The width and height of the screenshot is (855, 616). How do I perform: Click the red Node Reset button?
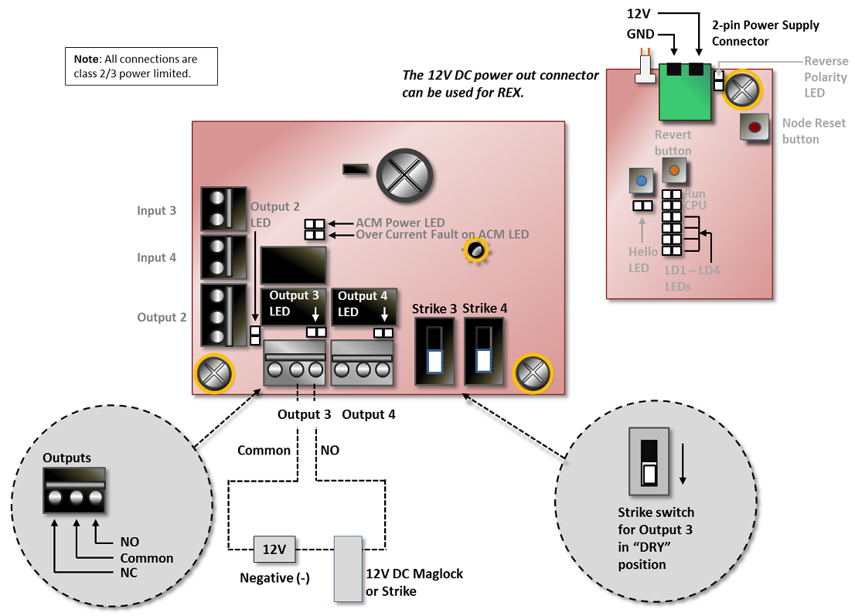(x=754, y=127)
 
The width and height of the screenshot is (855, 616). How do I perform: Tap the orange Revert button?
(x=674, y=168)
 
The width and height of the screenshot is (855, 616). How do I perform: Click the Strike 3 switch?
(x=434, y=351)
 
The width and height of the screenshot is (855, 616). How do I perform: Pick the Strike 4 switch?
(x=483, y=351)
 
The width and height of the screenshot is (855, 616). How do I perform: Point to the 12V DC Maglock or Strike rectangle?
(x=348, y=568)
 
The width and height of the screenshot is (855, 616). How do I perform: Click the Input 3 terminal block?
(x=223, y=209)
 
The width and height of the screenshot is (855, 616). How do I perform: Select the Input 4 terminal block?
(x=223, y=257)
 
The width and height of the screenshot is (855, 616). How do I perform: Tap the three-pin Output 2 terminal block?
(x=223, y=315)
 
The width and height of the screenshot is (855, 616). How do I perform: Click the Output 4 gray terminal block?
(x=363, y=363)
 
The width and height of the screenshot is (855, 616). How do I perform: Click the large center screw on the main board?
(x=404, y=170)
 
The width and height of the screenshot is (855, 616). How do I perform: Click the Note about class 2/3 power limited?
(x=141, y=66)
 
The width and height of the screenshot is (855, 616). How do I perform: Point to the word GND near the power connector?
(x=641, y=34)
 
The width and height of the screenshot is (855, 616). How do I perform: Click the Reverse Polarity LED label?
(x=826, y=77)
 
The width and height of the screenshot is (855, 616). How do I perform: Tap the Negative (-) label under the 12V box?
(x=274, y=577)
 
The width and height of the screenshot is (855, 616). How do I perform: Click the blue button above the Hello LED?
(x=641, y=182)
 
